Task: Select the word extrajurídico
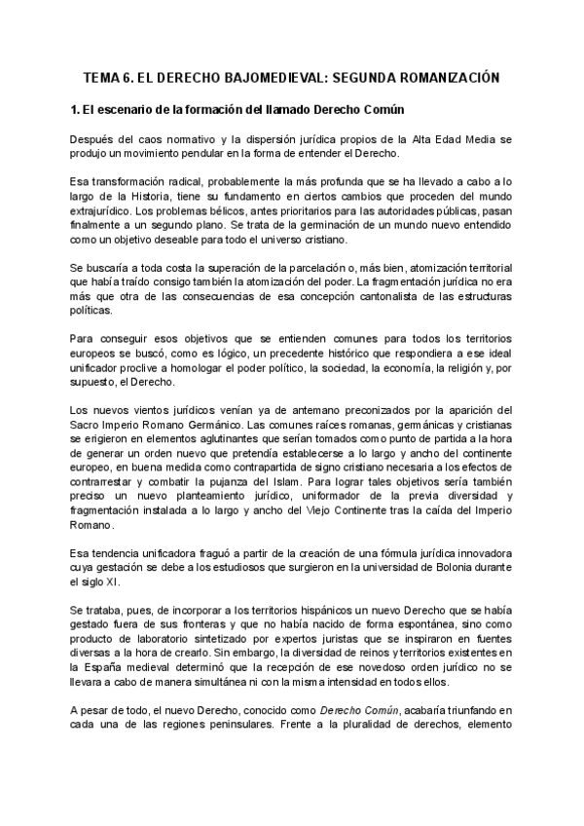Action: click(106, 214)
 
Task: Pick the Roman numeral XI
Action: click(112, 582)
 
